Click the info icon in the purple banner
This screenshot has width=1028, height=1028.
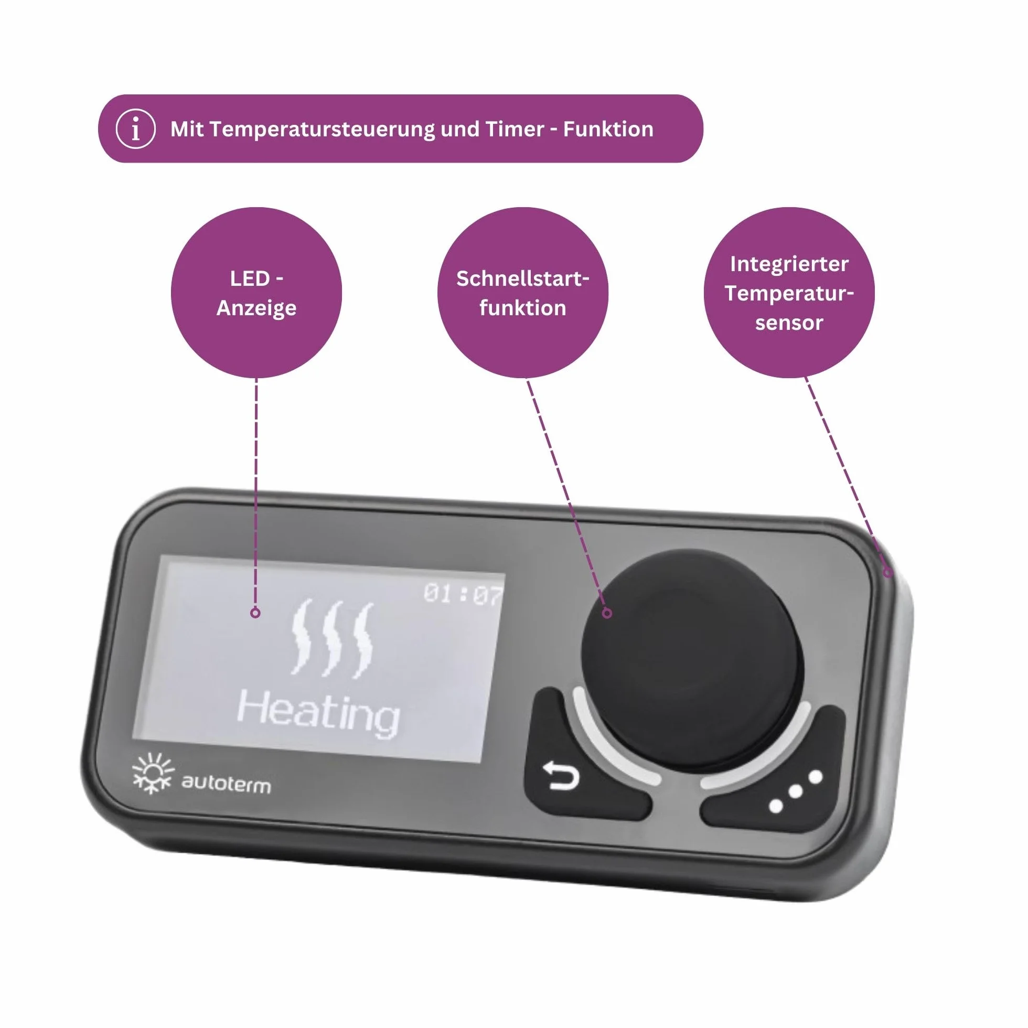[x=136, y=129]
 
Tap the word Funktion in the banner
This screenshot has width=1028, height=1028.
[x=608, y=130]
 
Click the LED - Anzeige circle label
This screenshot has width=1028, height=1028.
[x=256, y=293]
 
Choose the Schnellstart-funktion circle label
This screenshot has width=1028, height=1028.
[x=522, y=293]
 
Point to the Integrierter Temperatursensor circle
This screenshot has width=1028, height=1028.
[x=789, y=293]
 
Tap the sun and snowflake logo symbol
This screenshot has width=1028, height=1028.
[x=153, y=774]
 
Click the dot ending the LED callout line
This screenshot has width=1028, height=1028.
[x=255, y=613]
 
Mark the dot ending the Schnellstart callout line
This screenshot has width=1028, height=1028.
[x=607, y=614]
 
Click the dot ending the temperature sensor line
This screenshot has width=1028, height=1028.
[x=887, y=573]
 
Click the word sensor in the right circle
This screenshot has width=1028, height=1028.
[x=789, y=323]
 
